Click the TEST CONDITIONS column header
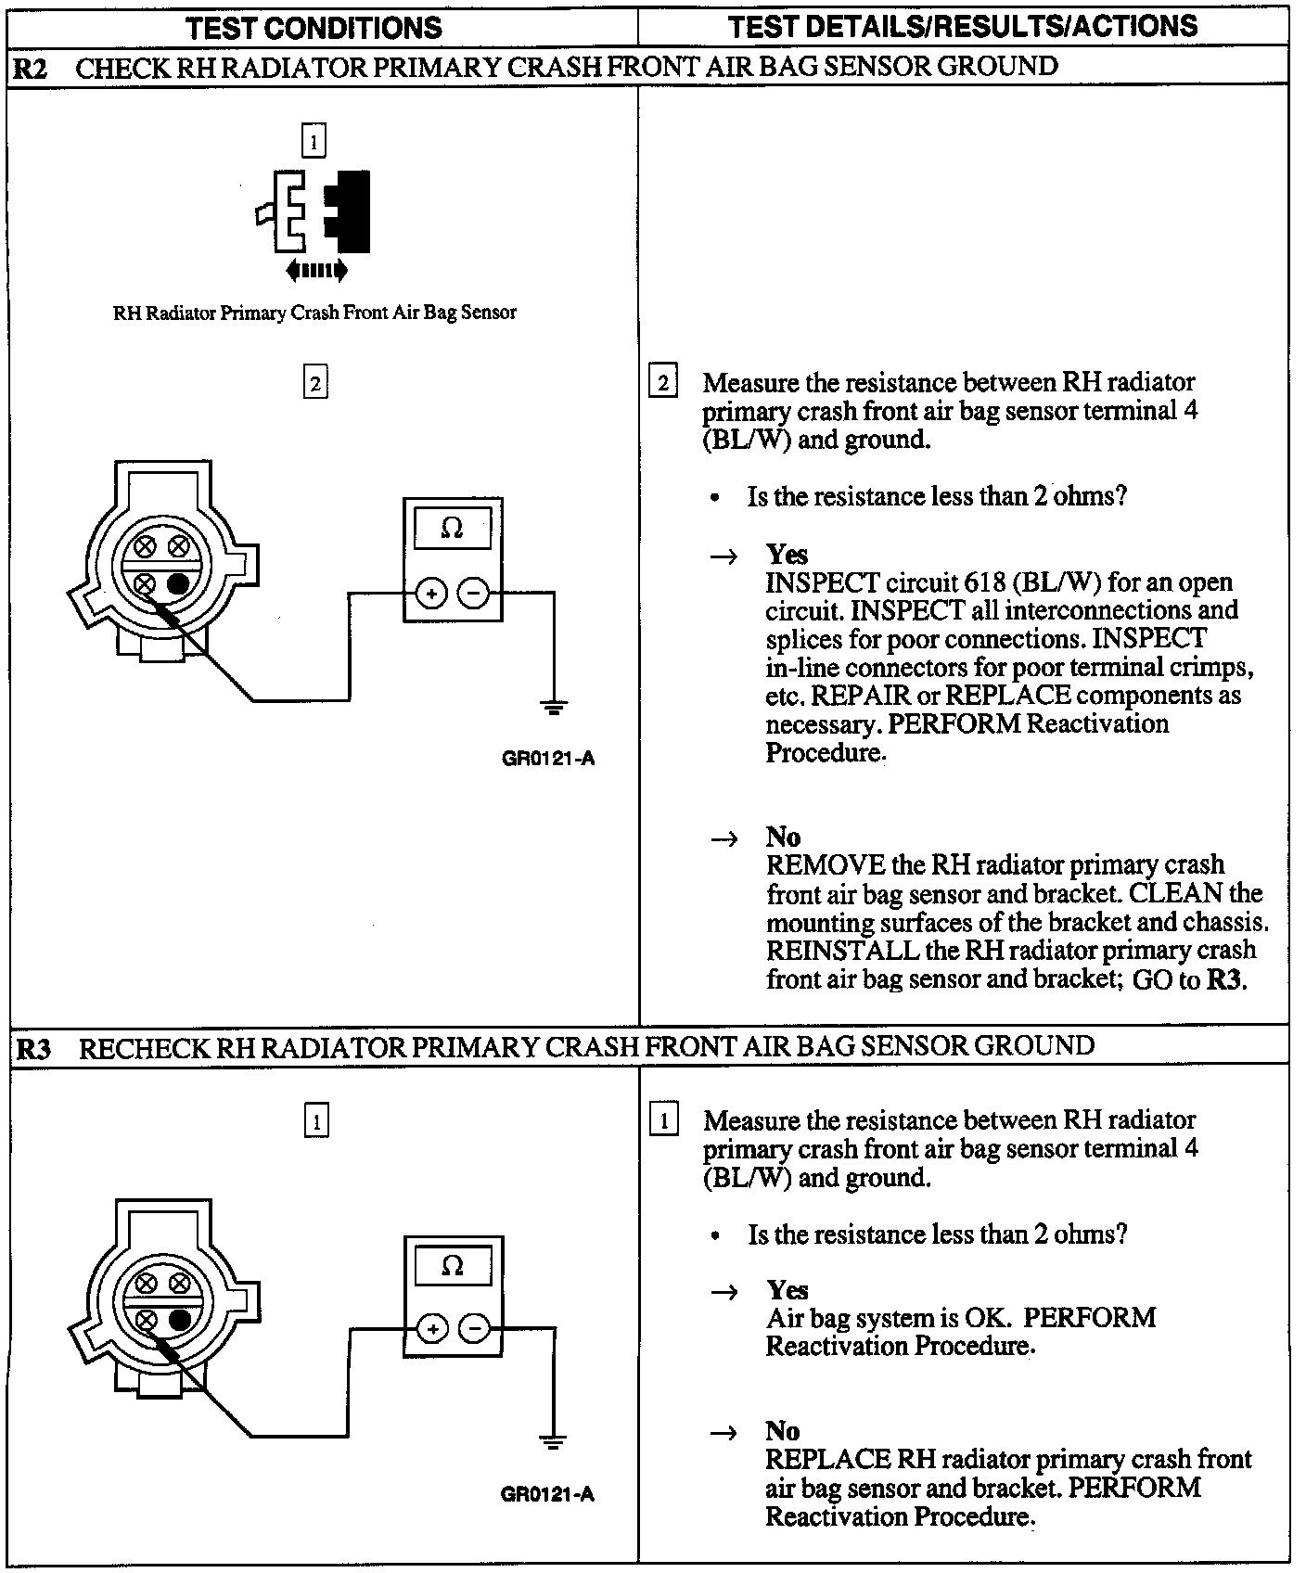pos(314,27)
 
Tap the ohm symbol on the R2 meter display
pos(452,529)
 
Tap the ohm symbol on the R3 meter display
pos(452,1266)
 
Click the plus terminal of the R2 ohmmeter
pos(431,593)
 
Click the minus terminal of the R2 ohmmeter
pos(474,593)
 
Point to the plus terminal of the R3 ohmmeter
pos(431,1329)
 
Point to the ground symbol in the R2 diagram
pos(554,710)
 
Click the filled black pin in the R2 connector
pos(179,583)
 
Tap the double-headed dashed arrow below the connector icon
pos(316,271)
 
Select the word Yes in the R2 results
pos(787,555)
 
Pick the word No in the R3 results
pos(782,1431)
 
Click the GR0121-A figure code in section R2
pos(548,759)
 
